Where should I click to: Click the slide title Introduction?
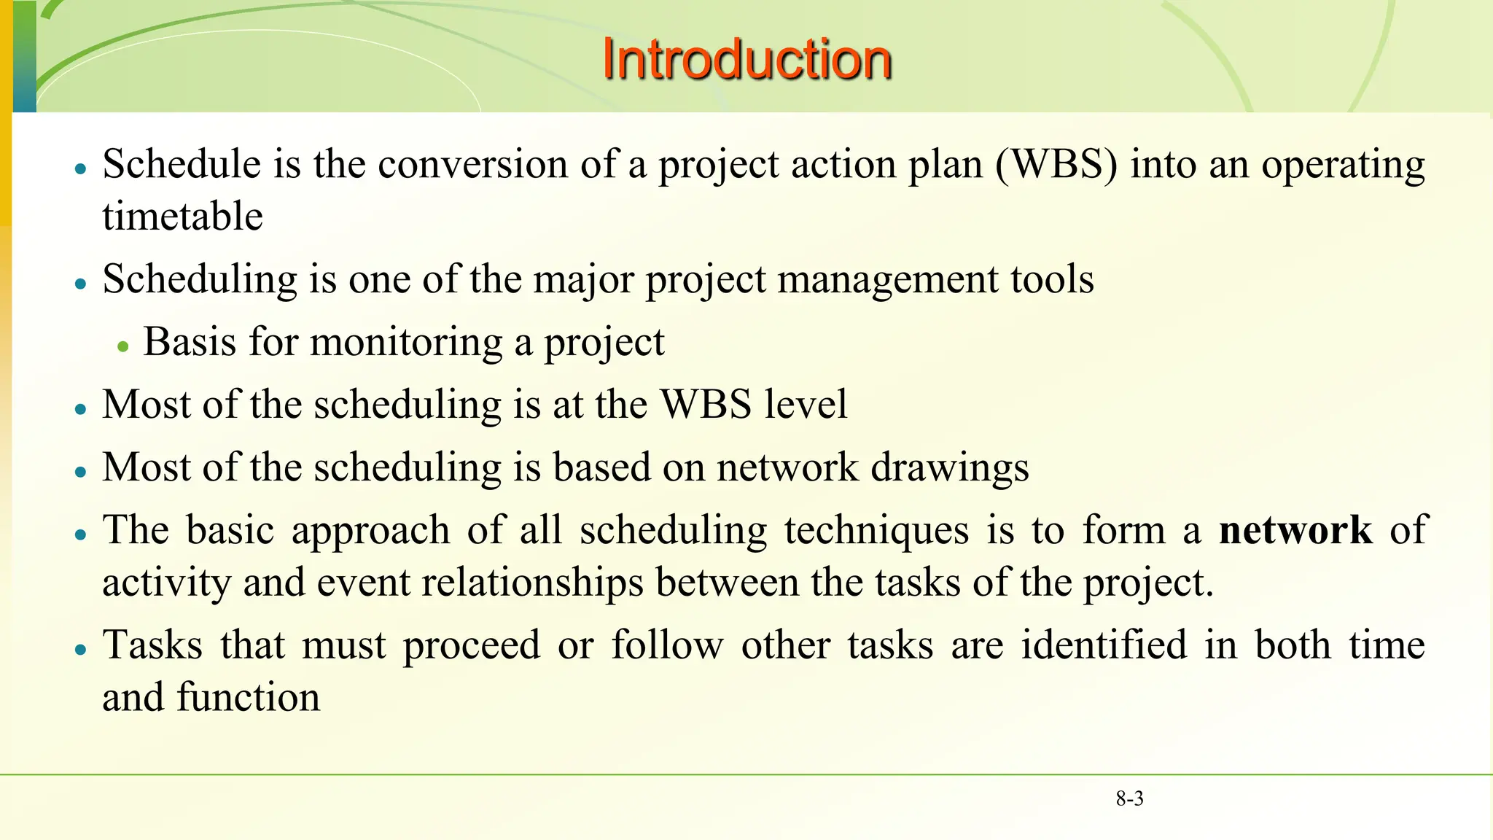(746, 59)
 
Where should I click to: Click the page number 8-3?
(1129, 798)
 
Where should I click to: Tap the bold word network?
(1295, 530)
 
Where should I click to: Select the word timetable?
(182, 217)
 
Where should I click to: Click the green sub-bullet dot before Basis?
(123, 347)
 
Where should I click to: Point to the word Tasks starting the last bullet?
(152, 645)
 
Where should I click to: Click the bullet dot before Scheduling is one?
(81, 284)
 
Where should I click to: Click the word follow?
(667, 645)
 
